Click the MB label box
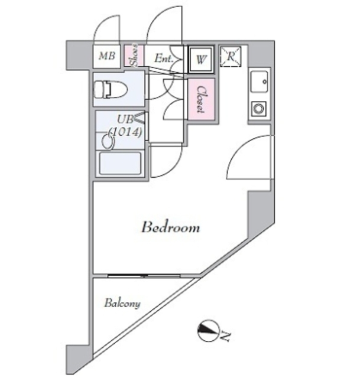pyautogui.click(x=107, y=57)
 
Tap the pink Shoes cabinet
pyautogui.click(x=135, y=56)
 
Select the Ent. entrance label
pyautogui.click(x=163, y=58)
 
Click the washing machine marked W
pyautogui.click(x=201, y=59)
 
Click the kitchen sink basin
pyautogui.click(x=259, y=82)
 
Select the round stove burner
pyautogui.click(x=259, y=108)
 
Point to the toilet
pyautogui.click(x=111, y=90)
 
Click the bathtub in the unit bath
pyautogui.click(x=119, y=163)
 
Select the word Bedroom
pyautogui.click(x=170, y=227)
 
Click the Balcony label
pyautogui.click(x=122, y=304)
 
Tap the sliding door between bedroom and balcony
pyautogui.click(x=144, y=275)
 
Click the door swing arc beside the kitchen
pyautogui.click(x=248, y=157)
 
